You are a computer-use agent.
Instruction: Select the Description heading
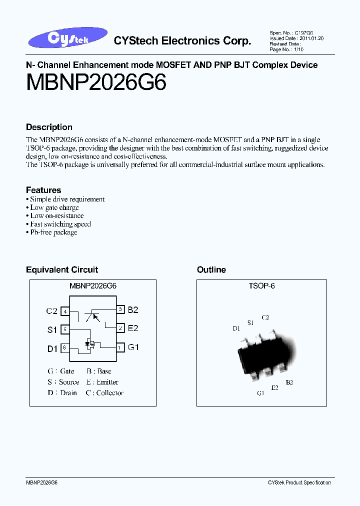(x=49, y=127)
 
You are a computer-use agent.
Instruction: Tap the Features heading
(x=43, y=190)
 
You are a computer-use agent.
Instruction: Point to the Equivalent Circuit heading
(x=62, y=269)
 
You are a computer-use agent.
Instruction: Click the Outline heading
(x=211, y=269)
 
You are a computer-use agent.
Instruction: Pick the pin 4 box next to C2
(x=64, y=311)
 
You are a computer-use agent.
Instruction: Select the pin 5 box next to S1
(x=64, y=329)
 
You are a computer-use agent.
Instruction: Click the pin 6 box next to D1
(x=64, y=348)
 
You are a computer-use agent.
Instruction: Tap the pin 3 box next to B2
(x=120, y=310)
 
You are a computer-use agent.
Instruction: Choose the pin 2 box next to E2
(x=120, y=328)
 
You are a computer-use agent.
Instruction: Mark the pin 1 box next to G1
(x=120, y=347)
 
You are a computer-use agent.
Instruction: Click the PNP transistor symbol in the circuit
(x=91, y=316)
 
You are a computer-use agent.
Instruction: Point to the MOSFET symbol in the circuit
(x=90, y=343)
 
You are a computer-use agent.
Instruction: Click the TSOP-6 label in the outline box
(x=261, y=286)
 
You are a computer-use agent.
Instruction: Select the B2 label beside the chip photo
(x=289, y=382)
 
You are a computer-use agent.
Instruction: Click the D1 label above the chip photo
(x=236, y=328)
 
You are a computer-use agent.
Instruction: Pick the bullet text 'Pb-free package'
(x=53, y=232)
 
